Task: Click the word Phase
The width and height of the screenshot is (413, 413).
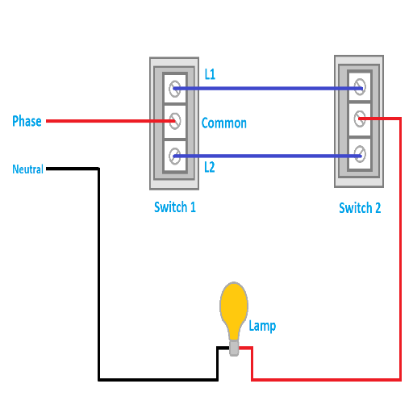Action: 27,121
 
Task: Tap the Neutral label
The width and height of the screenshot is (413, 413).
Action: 27,169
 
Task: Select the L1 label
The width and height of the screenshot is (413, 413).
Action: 210,74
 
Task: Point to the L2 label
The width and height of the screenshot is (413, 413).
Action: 210,167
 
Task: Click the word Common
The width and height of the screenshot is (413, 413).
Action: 224,123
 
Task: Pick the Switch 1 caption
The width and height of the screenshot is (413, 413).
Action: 175,207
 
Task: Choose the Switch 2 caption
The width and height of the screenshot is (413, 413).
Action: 360,208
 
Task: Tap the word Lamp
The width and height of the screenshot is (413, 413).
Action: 262,326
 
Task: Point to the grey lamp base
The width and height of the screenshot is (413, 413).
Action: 234,348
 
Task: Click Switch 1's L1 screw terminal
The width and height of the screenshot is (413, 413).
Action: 175,89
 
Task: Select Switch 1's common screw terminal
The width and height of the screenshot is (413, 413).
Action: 175,121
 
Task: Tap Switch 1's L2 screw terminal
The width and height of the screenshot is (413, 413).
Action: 175,156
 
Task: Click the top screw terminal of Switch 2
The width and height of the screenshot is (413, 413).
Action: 360,87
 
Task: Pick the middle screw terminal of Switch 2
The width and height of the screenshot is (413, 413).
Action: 360,119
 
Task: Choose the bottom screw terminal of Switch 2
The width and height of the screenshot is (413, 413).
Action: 360,154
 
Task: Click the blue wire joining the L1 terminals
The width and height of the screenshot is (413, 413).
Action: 268,88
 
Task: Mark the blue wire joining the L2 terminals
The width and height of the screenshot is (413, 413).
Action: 268,156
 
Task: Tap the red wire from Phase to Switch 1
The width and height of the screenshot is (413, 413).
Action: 111,121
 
